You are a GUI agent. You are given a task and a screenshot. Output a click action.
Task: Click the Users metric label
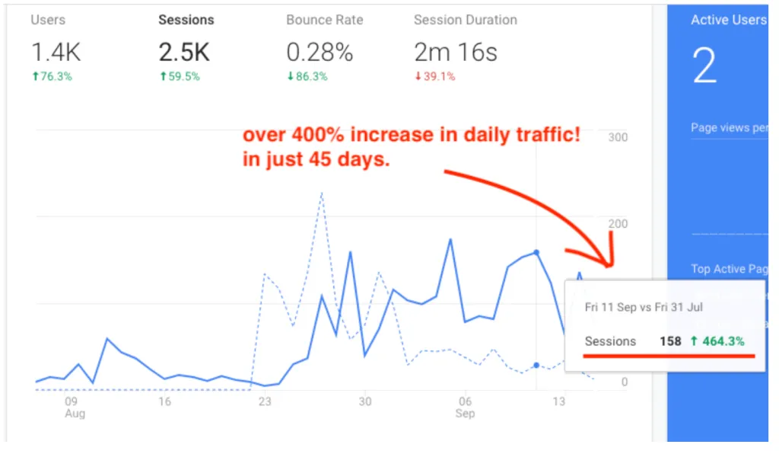(48, 20)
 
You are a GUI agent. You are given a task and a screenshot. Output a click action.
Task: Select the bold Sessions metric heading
(186, 20)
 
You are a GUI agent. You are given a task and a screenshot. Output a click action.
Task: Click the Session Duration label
(465, 20)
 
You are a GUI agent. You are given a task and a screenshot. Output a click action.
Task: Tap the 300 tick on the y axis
(617, 137)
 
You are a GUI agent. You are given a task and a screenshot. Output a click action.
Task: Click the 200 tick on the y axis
(617, 223)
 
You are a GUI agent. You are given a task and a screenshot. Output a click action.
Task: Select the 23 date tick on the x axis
(265, 402)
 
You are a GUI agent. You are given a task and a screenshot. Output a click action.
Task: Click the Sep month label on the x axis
(465, 414)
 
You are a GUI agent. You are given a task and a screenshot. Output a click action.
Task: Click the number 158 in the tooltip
(670, 341)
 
